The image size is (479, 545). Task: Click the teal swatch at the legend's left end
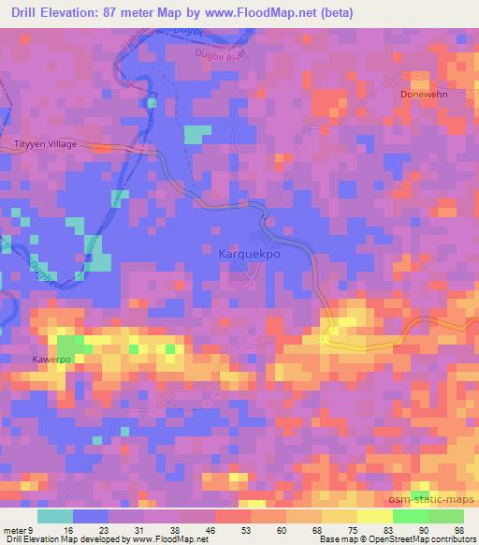tap(55, 516)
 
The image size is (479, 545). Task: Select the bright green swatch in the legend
tap(411, 516)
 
